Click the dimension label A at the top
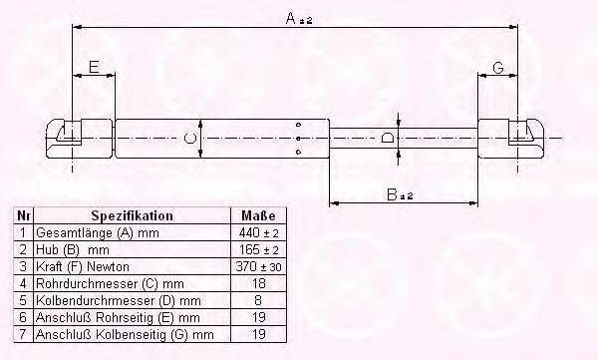299,18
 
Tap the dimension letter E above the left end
94,67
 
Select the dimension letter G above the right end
498,68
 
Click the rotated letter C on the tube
189,139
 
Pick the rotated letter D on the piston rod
388,138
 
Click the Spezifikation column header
132,216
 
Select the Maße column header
258,216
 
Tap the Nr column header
23,216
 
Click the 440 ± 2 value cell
258,232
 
